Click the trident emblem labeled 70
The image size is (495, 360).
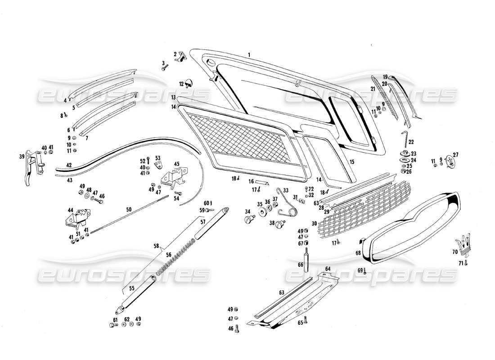coord(464,245)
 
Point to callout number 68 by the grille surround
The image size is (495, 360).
coord(358,253)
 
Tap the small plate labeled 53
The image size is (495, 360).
coord(159,166)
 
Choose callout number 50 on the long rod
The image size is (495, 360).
coord(129,210)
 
